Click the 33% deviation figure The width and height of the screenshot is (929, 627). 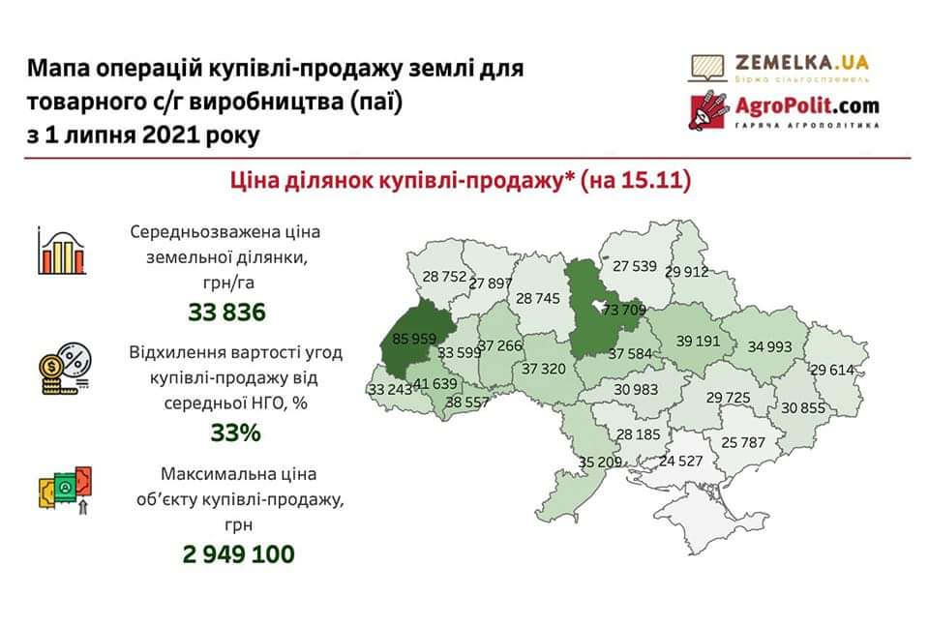(236, 433)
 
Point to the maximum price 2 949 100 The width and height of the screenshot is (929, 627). (237, 554)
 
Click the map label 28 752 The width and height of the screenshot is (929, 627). (444, 276)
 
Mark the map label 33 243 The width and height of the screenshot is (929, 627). (389, 389)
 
